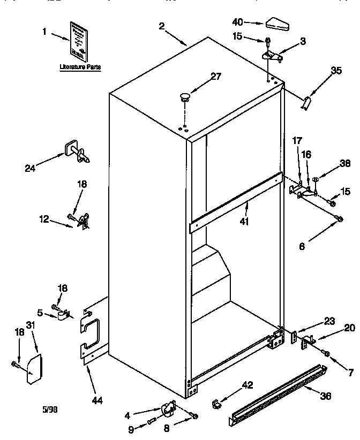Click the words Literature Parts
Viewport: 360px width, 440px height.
(80, 67)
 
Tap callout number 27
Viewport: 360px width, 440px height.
(215, 77)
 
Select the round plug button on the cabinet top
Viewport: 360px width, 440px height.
(185, 97)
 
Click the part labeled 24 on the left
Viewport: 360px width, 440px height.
(76, 153)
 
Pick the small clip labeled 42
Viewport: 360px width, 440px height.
(216, 401)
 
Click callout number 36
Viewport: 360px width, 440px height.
(325, 396)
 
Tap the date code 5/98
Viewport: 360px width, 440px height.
(49, 409)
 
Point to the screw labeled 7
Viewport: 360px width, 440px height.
(327, 353)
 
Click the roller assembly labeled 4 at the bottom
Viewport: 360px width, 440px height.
(167, 409)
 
